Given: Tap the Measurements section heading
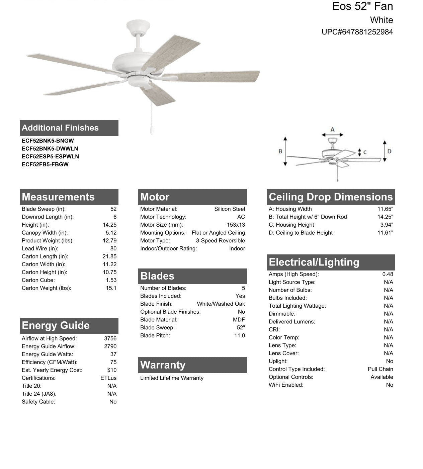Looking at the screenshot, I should [x=58, y=197].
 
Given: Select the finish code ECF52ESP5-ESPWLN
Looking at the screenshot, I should [x=50, y=156].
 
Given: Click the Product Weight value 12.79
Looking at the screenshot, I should [x=109, y=241].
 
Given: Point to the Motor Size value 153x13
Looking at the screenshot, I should [x=236, y=225].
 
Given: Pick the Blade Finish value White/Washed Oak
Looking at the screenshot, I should [x=221, y=304].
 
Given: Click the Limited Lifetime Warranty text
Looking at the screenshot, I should [x=172, y=378].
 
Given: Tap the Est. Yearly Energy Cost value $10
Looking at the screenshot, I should [x=112, y=370].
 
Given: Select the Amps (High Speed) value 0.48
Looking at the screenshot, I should [x=388, y=274].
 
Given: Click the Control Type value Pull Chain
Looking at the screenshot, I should [x=380, y=369].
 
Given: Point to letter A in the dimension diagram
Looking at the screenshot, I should [x=332, y=130].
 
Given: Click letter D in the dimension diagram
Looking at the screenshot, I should [x=389, y=151].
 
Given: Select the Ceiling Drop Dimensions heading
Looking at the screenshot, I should [x=330, y=197].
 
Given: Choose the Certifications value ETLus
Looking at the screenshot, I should [x=108, y=378].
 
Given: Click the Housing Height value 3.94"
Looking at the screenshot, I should [x=387, y=225].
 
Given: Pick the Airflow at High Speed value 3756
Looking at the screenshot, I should [x=110, y=338].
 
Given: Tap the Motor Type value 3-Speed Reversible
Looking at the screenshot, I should [x=220, y=241].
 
